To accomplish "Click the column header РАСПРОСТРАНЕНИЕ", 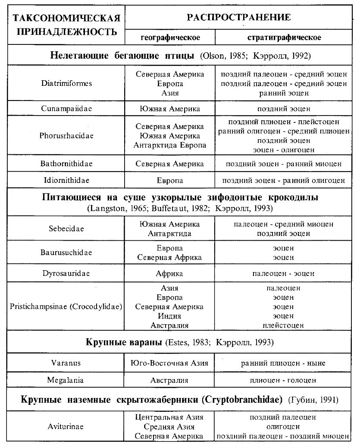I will pos(238,18).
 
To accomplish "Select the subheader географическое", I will pos(170,38).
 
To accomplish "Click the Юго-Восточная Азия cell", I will pos(169,363).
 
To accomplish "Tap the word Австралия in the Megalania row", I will pos(169,380).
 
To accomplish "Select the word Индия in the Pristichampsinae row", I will pos(169,316).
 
